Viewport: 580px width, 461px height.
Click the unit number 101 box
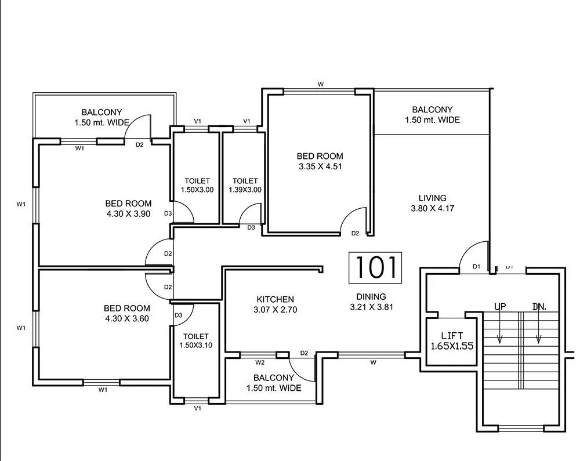(375, 268)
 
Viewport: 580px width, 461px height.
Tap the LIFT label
(452, 335)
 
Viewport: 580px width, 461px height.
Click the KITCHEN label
(275, 299)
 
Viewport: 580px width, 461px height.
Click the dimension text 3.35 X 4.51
(320, 166)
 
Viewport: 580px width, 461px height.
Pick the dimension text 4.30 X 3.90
(128, 213)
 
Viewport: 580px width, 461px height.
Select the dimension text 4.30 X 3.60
(127, 318)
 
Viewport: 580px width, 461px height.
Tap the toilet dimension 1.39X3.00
(245, 190)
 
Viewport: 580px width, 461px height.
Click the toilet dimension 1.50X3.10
(196, 346)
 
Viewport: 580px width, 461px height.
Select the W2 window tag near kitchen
(260, 362)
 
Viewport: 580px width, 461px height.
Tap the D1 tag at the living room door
(476, 267)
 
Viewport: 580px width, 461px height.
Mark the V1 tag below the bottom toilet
(198, 409)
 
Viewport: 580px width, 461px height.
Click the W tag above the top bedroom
(320, 85)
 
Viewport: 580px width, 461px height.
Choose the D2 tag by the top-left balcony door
(139, 144)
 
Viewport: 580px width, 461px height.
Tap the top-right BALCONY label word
(432, 110)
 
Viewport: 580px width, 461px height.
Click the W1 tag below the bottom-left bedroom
(103, 390)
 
